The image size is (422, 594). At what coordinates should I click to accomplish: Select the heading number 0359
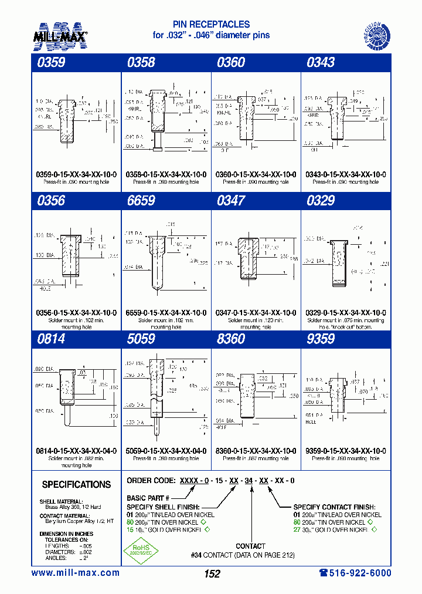(x=50, y=62)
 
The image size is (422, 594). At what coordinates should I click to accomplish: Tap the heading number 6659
(x=141, y=201)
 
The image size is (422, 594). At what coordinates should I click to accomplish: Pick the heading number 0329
(x=321, y=201)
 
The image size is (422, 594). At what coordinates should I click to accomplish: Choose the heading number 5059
(x=141, y=339)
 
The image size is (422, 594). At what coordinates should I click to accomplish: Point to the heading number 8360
(x=231, y=339)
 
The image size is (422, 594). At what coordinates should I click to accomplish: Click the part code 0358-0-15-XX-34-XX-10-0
(x=166, y=174)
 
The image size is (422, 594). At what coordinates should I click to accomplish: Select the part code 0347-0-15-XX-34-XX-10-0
(x=256, y=313)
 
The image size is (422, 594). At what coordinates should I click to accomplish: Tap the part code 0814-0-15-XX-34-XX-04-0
(x=76, y=451)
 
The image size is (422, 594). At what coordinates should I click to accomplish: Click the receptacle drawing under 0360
(x=244, y=117)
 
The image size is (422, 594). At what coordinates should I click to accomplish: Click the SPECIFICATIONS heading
(x=76, y=485)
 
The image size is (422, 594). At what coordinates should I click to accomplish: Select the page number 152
(x=212, y=573)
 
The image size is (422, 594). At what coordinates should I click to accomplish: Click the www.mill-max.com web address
(x=75, y=573)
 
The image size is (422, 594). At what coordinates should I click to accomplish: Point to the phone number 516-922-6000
(x=355, y=573)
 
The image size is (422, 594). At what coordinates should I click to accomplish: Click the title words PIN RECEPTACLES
(x=211, y=25)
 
